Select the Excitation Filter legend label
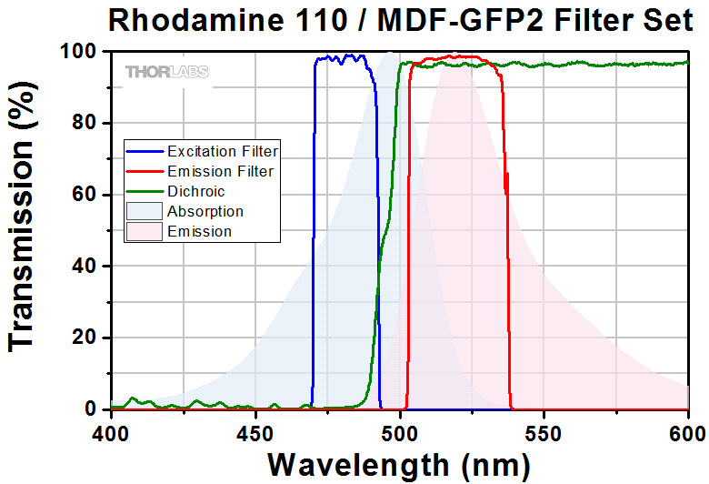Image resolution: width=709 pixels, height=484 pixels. click(x=223, y=151)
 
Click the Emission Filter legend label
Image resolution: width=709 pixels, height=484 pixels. click(x=220, y=171)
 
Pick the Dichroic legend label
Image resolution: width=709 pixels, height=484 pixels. click(x=195, y=191)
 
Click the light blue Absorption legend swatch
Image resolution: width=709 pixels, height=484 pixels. click(x=145, y=211)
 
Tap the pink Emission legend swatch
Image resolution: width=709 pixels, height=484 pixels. click(x=145, y=231)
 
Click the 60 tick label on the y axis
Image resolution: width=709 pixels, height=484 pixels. click(x=86, y=195)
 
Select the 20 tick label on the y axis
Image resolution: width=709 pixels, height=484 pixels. click(x=86, y=338)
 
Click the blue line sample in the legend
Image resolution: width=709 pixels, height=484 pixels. click(x=145, y=151)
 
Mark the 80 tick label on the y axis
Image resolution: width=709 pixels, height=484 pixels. click(x=86, y=124)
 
